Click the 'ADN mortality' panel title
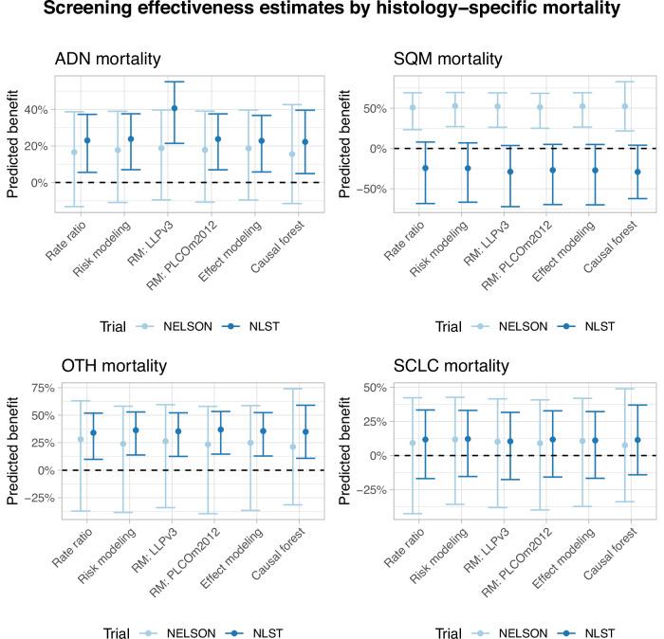(x=109, y=60)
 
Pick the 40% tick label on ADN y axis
(x=34, y=110)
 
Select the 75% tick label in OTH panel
(x=34, y=387)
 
